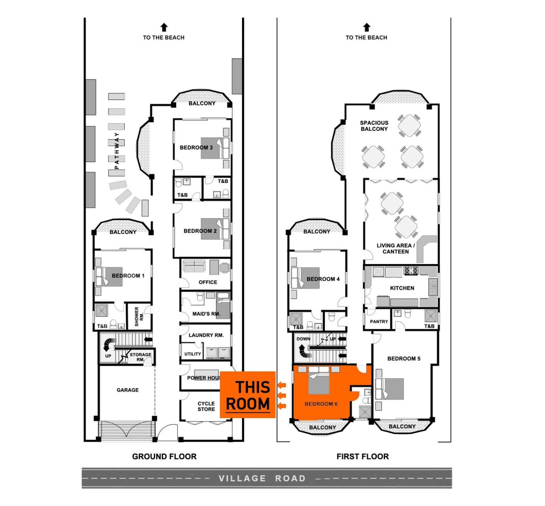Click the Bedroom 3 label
click(x=196, y=147)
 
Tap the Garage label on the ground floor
click(x=127, y=390)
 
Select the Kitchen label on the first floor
click(x=402, y=288)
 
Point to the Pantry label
click(x=379, y=322)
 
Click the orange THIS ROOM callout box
click(x=248, y=395)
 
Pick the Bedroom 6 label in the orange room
click(x=321, y=404)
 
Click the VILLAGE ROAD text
click(x=262, y=478)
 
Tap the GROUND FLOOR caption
click(x=164, y=457)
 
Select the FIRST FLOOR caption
click(x=363, y=457)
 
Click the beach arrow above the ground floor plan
click(x=164, y=27)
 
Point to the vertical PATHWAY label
click(x=117, y=151)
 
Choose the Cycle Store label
click(x=206, y=406)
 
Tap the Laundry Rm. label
click(x=206, y=335)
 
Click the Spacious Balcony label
click(x=374, y=126)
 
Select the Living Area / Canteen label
click(x=395, y=249)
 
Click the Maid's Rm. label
click(x=206, y=314)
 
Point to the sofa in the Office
click(x=194, y=266)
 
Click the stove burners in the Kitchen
click(x=411, y=270)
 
